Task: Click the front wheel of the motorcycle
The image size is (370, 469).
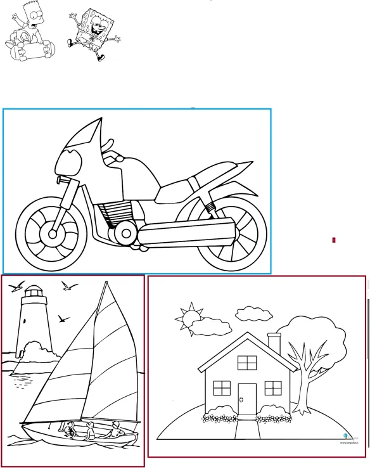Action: (x=50, y=233)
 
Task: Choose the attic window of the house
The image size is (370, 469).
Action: (x=247, y=363)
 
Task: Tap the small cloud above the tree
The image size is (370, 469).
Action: (x=253, y=314)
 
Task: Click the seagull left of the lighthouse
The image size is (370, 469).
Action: (x=17, y=286)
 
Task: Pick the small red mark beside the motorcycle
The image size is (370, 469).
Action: (x=334, y=240)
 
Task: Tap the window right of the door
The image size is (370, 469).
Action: (x=273, y=387)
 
